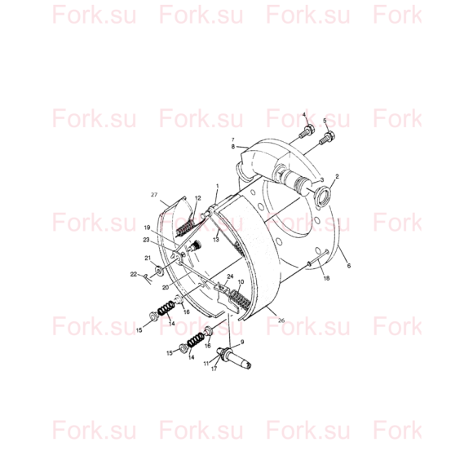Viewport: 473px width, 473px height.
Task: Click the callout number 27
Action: [x=154, y=195]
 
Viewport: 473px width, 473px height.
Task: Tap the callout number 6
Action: [x=349, y=266]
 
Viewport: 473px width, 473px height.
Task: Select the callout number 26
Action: [x=281, y=320]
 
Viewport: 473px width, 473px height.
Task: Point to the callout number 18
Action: [x=326, y=278]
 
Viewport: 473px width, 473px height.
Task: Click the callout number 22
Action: [x=134, y=274]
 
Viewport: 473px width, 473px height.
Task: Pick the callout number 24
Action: [x=230, y=276]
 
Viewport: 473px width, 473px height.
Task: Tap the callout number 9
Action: [x=242, y=342]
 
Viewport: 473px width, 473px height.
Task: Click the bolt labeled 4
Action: [x=306, y=132]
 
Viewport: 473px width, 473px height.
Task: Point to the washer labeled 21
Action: [x=159, y=270]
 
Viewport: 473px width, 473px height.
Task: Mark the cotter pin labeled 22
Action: [x=148, y=279]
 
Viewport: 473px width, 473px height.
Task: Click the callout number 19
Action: [x=147, y=228]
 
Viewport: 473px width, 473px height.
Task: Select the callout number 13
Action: [x=215, y=240]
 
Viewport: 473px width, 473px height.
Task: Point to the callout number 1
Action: [x=218, y=186]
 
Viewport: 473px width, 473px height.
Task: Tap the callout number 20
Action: [x=166, y=288]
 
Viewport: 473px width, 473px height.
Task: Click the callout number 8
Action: [x=233, y=147]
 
